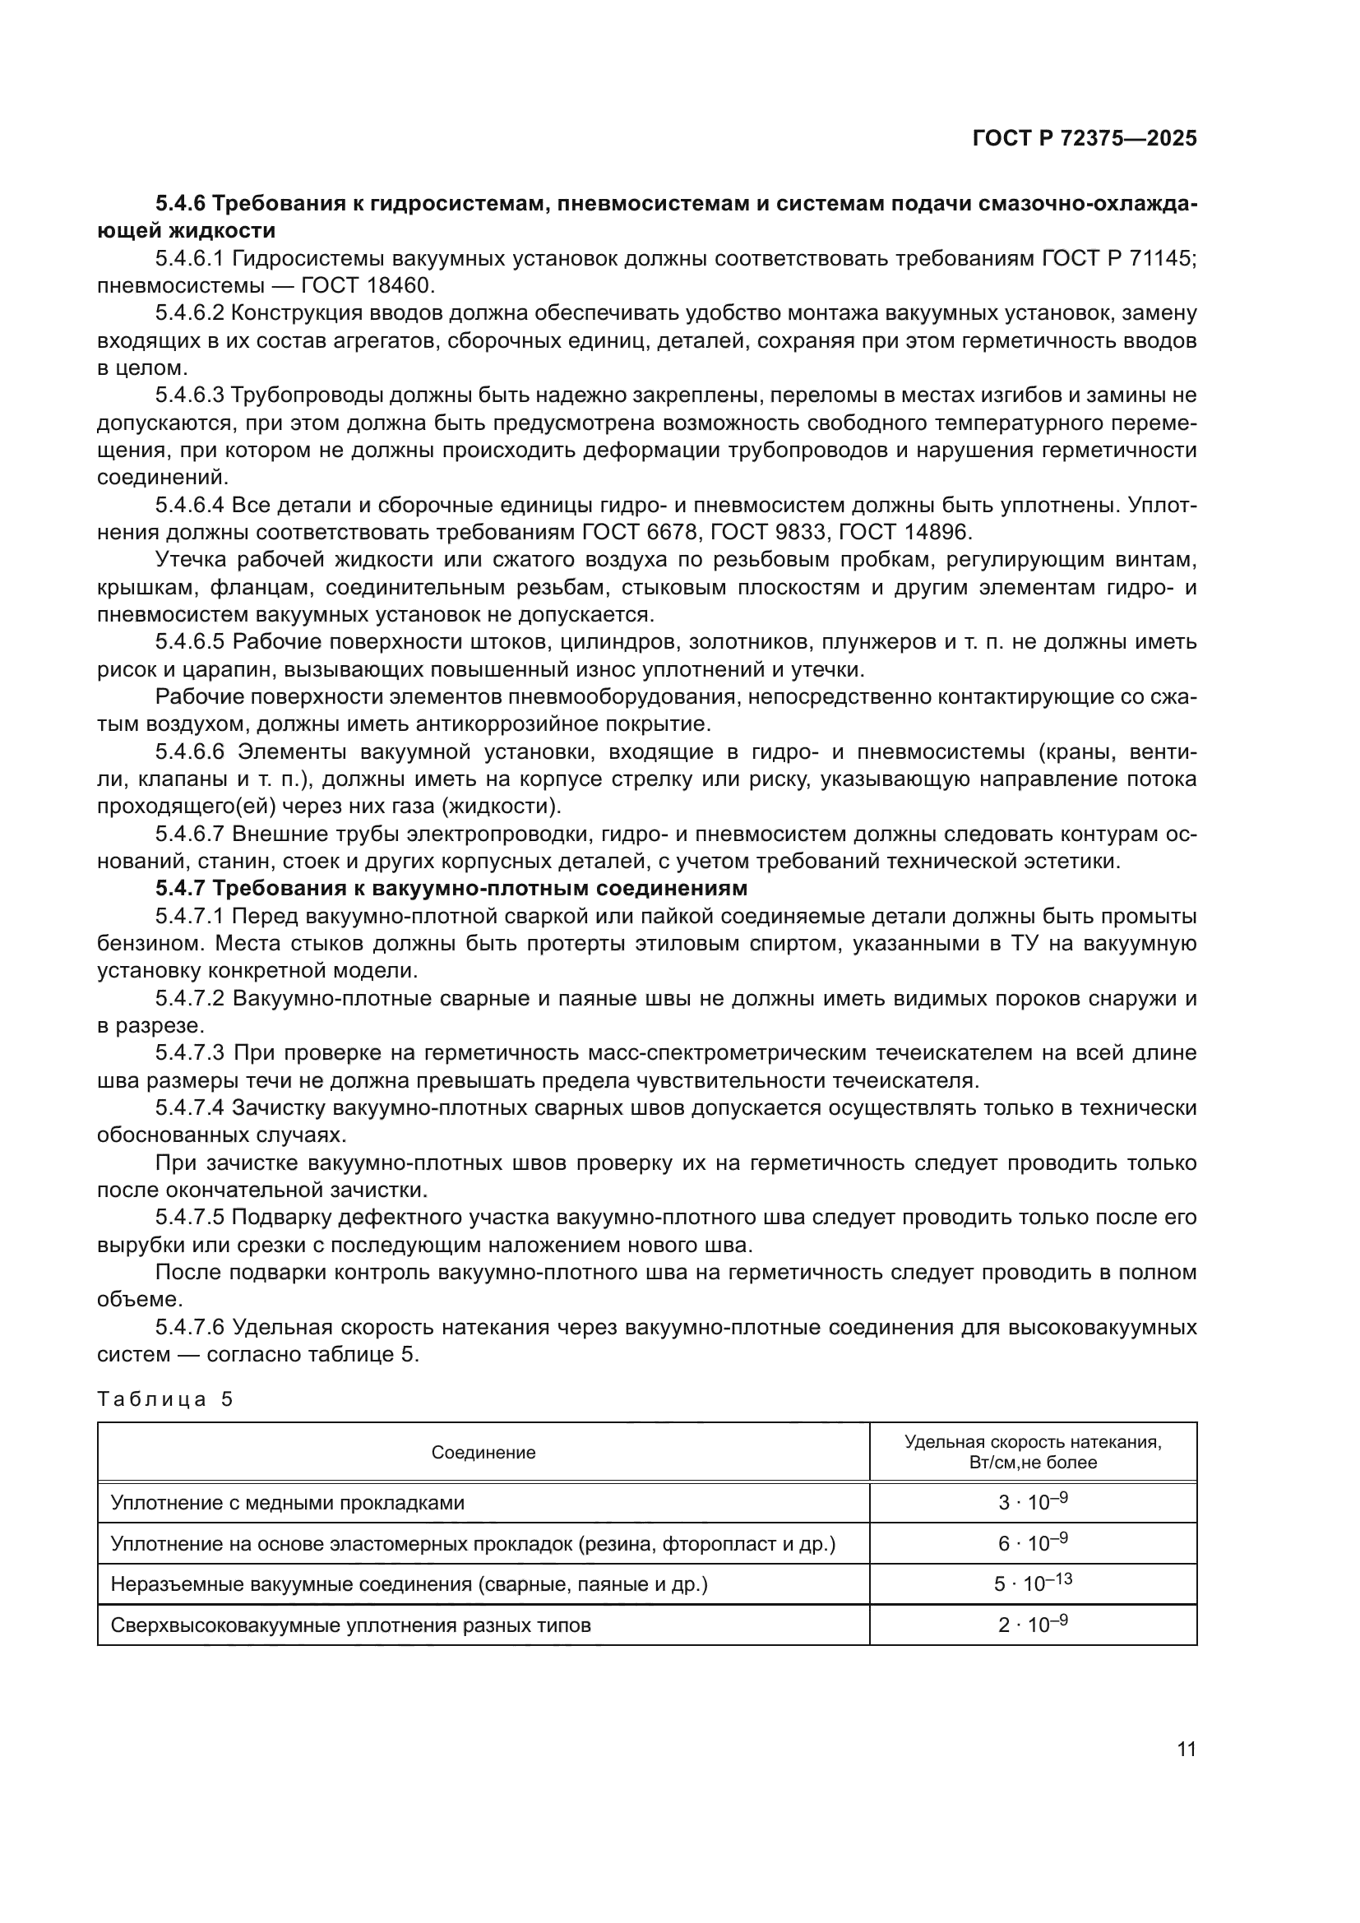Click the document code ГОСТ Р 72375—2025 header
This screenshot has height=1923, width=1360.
[x=1085, y=138]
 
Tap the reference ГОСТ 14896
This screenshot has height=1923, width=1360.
[x=904, y=532]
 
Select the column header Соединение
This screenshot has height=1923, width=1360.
[x=483, y=1452]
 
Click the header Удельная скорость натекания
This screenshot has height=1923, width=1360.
[x=1033, y=1442]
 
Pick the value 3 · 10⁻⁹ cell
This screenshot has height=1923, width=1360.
[x=1033, y=1502]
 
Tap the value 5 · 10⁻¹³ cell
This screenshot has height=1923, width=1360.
[x=1033, y=1583]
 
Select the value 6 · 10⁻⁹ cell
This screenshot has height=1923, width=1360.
[x=1033, y=1542]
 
